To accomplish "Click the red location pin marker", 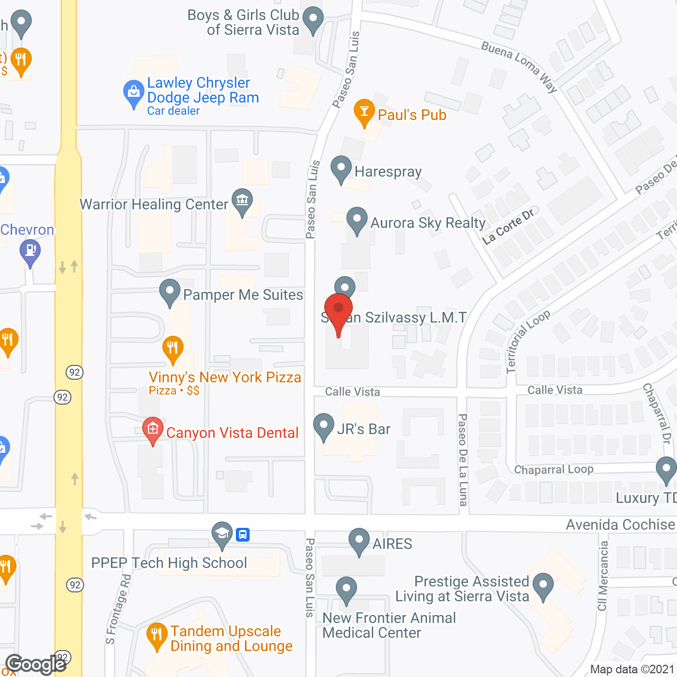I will (338, 309).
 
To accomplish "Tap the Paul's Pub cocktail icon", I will (364, 112).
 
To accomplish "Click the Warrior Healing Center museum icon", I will (242, 201).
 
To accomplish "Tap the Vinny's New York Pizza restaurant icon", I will (172, 349).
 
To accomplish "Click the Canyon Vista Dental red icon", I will (153, 429).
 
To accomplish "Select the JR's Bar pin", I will (324, 426).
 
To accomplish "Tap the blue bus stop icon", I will (243, 534).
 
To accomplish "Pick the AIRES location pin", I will (359, 541).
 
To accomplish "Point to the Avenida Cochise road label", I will (620, 525).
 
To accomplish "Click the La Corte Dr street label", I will (508, 227).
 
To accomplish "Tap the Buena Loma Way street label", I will (519, 67).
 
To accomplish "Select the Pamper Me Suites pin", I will (170, 291).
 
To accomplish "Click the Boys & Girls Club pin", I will (313, 19).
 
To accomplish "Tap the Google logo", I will (36, 664).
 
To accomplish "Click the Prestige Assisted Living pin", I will (543, 585).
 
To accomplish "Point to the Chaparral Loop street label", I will (553, 470).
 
